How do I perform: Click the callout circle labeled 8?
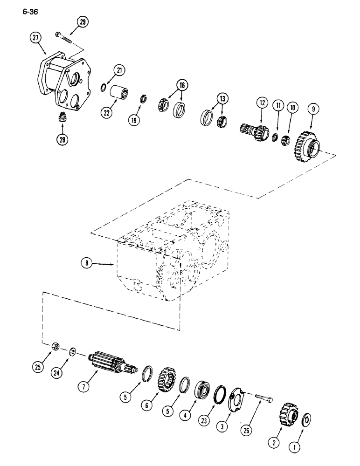coord(86,264)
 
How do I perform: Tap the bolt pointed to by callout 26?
coord(266,403)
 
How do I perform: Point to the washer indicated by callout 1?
coord(307,419)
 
